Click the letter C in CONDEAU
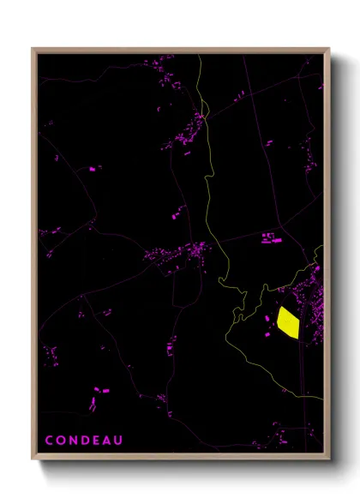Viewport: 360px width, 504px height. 49,441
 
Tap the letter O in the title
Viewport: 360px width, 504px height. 61,441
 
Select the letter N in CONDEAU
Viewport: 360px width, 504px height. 74,441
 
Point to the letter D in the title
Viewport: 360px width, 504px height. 87,441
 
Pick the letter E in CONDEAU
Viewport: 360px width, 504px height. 99,441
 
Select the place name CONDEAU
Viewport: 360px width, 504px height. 86,441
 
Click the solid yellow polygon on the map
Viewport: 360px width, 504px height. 287,324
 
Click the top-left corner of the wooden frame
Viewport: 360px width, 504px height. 33,49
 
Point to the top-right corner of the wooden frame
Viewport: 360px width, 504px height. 328,49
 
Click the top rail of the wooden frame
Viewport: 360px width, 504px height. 180,51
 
